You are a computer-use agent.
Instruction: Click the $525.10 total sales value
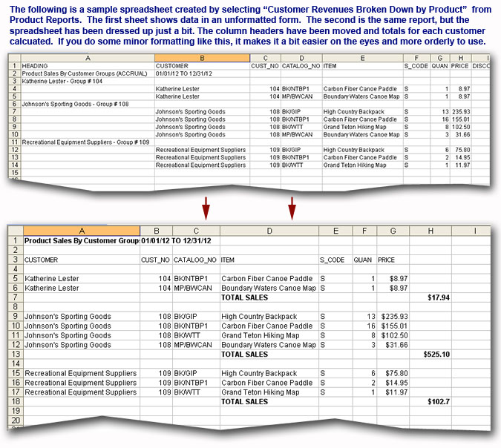[436, 354]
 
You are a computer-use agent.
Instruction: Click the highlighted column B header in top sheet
[203, 57]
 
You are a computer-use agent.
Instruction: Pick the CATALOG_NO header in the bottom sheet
[194, 260]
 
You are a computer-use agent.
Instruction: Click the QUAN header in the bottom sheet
[363, 260]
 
